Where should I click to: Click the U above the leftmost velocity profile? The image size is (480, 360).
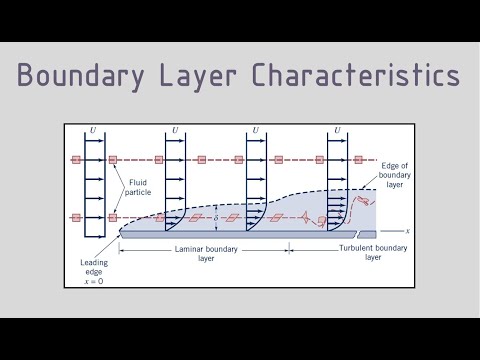(x=92, y=131)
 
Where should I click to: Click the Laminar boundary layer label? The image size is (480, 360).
(x=205, y=254)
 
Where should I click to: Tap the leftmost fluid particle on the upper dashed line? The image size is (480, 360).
(x=75, y=159)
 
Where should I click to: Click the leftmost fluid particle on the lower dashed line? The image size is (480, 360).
(x=75, y=217)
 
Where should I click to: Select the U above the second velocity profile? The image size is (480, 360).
(x=175, y=131)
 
